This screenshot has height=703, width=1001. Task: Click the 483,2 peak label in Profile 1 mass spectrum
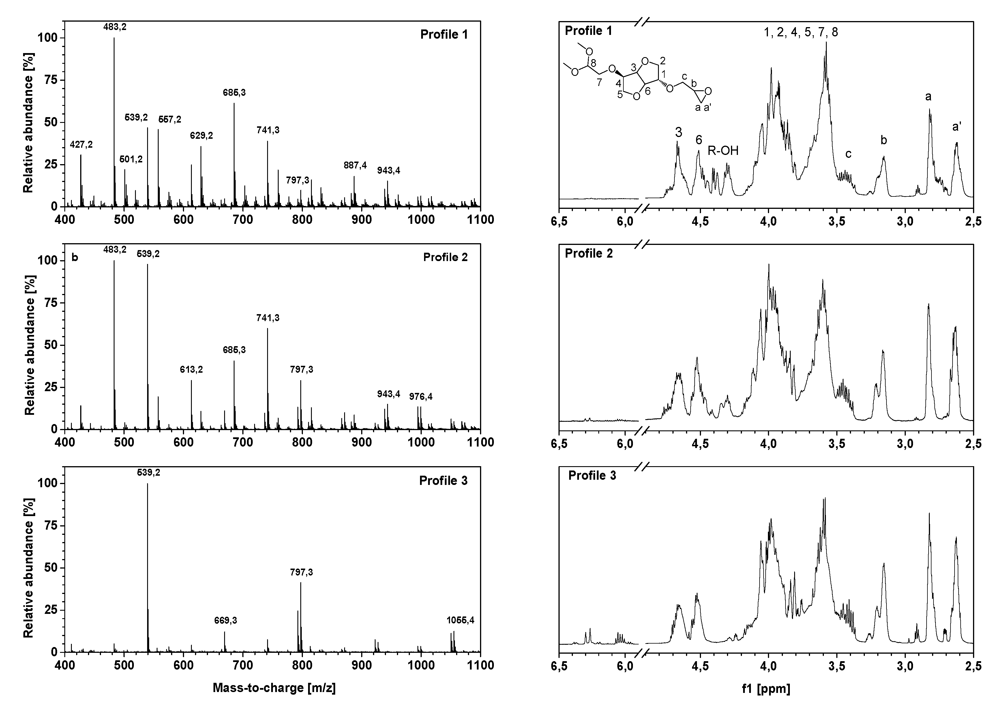click(115, 27)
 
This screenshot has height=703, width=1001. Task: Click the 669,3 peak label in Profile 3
click(225, 620)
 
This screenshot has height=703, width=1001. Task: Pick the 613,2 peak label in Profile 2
click(191, 370)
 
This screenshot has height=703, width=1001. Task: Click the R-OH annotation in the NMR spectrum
click(723, 151)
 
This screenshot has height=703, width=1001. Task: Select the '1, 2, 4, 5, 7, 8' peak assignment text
click(801, 32)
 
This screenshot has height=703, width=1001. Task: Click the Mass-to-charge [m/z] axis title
click(274, 688)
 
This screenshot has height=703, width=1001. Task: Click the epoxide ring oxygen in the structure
click(708, 91)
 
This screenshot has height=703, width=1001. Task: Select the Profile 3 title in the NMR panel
click(592, 475)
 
